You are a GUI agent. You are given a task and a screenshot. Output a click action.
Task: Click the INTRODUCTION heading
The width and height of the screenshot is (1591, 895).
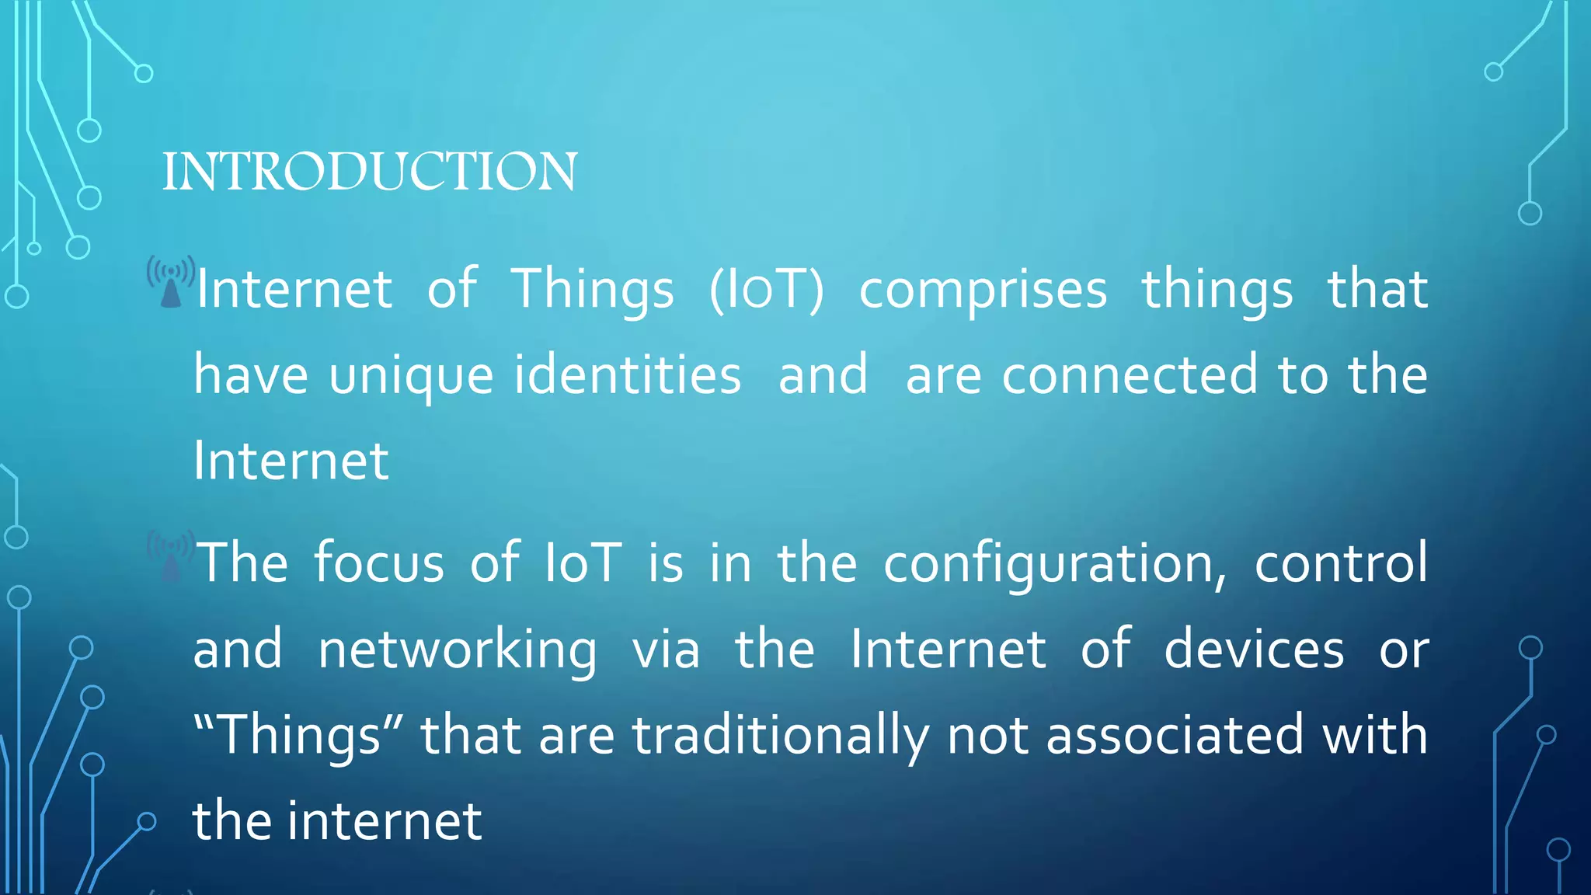pyautogui.click(x=370, y=172)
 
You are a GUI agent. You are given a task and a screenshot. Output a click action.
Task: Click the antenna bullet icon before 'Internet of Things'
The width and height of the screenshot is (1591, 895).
pyautogui.click(x=171, y=283)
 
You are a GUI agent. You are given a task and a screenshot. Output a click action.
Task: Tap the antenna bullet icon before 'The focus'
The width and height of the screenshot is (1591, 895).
pyautogui.click(x=171, y=556)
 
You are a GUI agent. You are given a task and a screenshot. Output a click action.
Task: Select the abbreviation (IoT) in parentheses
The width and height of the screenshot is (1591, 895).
pyautogui.click(x=766, y=290)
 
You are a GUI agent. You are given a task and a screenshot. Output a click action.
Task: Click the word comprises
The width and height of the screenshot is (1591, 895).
pyautogui.click(x=983, y=290)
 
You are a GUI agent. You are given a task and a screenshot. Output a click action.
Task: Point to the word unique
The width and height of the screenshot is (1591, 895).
pyautogui.click(x=411, y=376)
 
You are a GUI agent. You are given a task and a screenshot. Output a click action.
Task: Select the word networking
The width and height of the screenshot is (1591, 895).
pyautogui.click(x=458, y=650)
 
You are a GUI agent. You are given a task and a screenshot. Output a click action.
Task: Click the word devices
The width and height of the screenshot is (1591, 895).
pyautogui.click(x=1254, y=649)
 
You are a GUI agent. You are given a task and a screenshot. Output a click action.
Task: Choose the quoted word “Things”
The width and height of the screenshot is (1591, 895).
pyautogui.click(x=298, y=736)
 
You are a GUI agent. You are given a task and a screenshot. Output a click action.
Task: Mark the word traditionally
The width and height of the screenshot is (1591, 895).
pyautogui.click(x=780, y=736)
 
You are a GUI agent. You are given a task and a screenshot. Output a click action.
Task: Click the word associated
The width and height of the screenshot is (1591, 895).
pyautogui.click(x=1175, y=735)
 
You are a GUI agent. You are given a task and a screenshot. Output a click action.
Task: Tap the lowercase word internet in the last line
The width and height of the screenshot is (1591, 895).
pyautogui.click(x=385, y=821)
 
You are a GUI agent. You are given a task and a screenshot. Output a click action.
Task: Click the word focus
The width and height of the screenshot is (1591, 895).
pyautogui.click(x=379, y=562)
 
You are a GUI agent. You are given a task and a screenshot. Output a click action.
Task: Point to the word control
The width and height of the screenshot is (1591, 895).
pyautogui.click(x=1341, y=562)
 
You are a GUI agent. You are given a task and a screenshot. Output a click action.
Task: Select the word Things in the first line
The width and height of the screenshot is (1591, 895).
pyautogui.click(x=593, y=290)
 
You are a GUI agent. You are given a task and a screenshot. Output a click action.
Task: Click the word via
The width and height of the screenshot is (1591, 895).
pyautogui.click(x=666, y=649)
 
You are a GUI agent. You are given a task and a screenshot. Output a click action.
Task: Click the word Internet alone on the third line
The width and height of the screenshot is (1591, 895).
pyautogui.click(x=291, y=461)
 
